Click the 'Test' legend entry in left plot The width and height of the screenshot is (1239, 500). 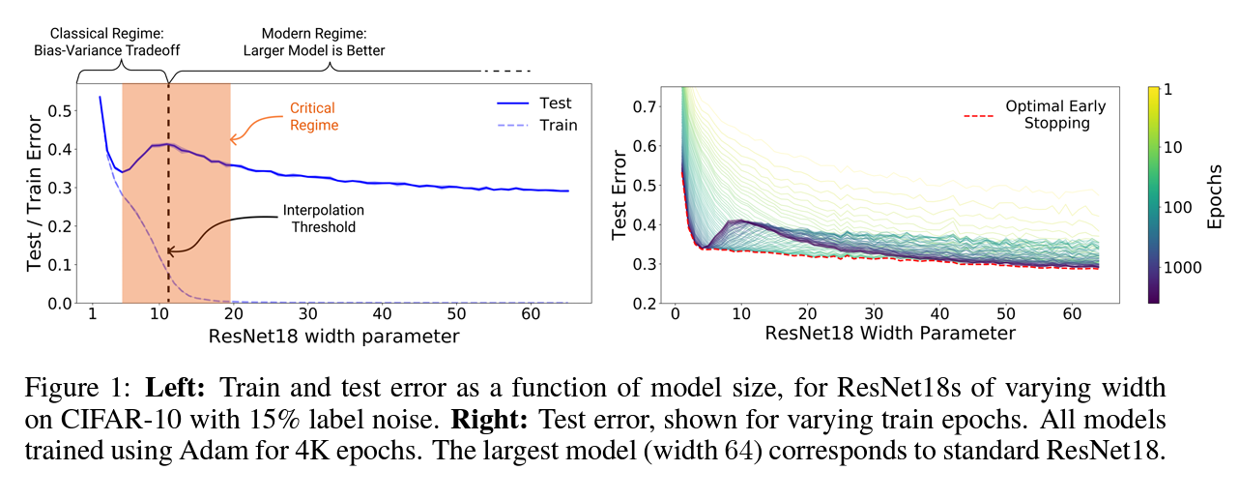555,103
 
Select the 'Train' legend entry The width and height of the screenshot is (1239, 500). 558,125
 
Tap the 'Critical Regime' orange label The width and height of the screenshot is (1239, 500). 313,117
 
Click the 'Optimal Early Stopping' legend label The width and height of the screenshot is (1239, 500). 1054,114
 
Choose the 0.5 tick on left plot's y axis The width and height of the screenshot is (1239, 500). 59,111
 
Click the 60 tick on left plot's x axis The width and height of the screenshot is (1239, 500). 531,315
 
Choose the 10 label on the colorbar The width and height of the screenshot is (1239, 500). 1175,147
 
